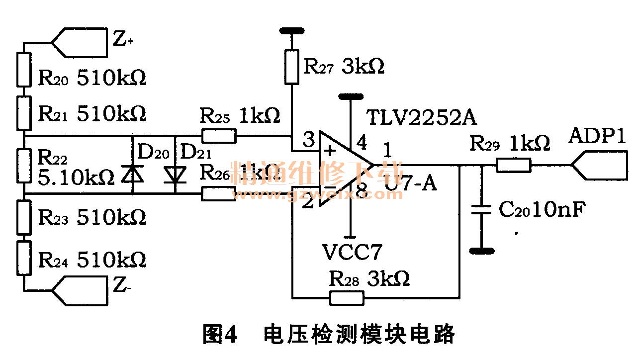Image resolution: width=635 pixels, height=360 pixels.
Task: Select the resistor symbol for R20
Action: pos(24,70)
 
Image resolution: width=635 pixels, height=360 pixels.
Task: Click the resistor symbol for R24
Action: pos(24,259)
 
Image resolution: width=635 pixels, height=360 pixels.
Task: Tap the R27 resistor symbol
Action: pos(292,66)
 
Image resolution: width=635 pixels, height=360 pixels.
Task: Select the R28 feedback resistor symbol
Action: pos(346,298)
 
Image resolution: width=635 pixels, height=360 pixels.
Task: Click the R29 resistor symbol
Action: pos(514,165)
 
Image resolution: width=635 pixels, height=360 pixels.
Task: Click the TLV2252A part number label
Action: pos(422,118)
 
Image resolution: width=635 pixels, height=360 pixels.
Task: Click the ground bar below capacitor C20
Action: pos(481,251)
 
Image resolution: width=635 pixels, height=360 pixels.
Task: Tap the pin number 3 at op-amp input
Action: pos(308,141)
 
